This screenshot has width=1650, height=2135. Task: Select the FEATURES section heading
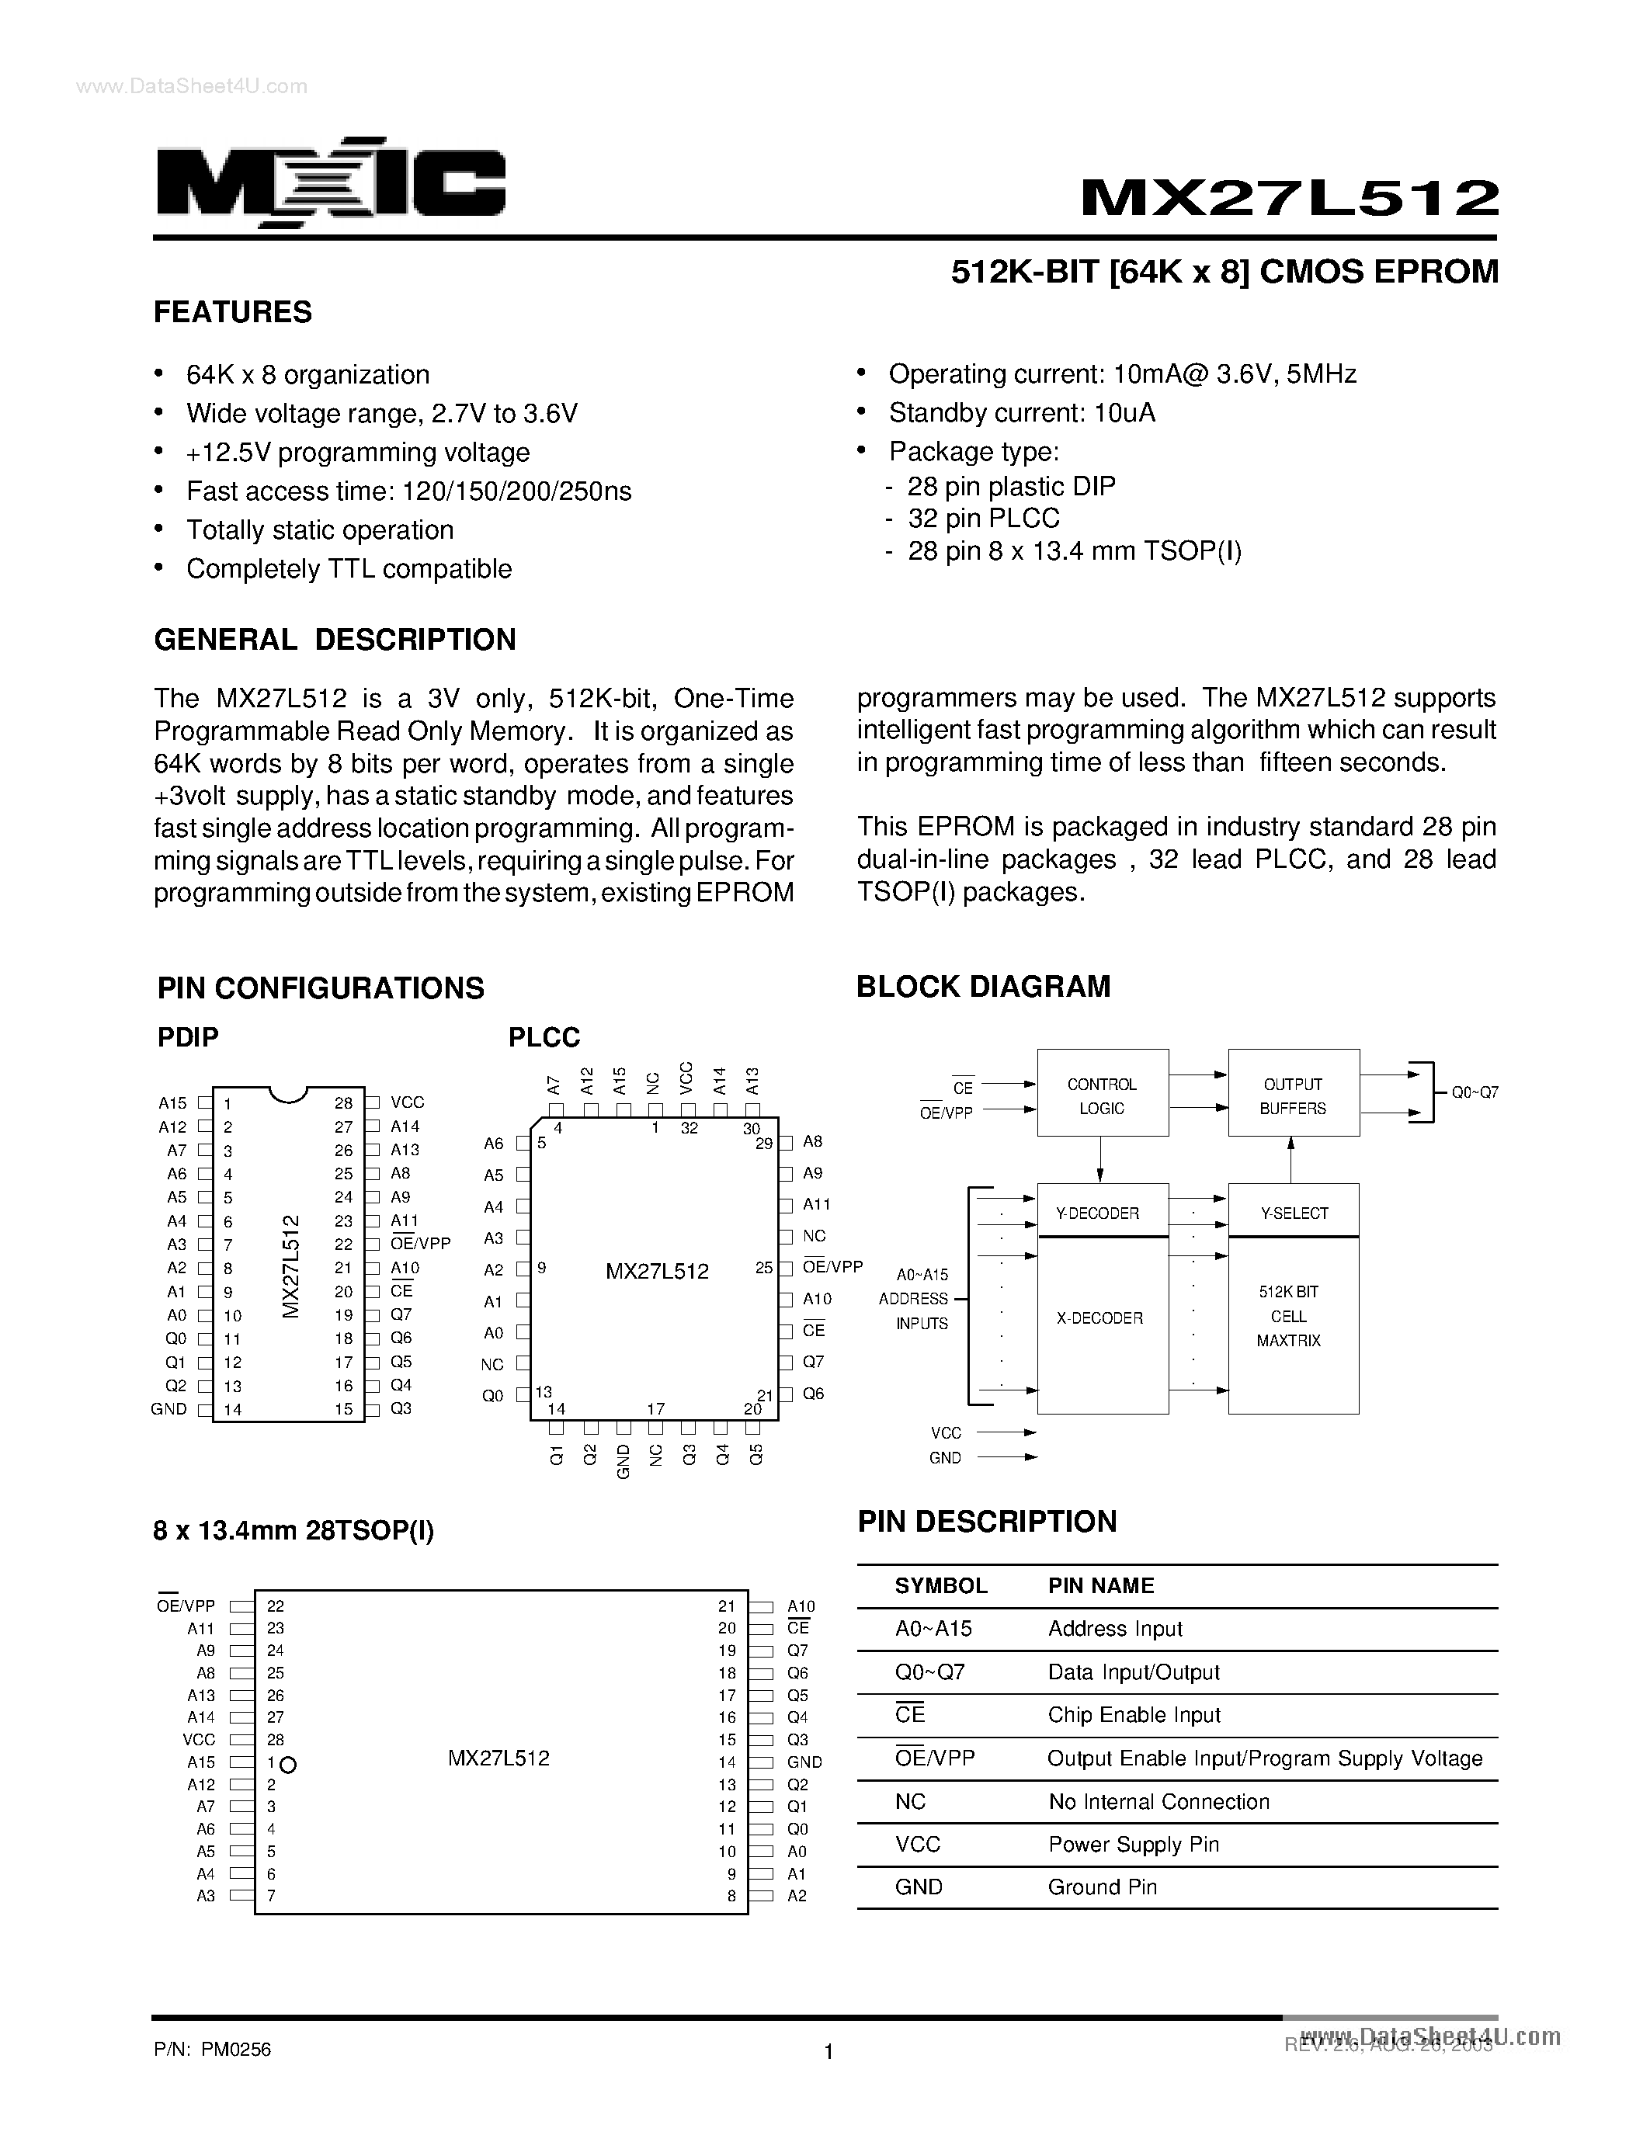(233, 312)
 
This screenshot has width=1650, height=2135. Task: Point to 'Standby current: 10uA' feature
(1022, 412)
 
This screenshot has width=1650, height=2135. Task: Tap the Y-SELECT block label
(1294, 1213)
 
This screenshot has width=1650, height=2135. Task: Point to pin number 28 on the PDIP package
(343, 1102)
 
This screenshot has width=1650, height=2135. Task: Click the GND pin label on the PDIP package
(169, 1408)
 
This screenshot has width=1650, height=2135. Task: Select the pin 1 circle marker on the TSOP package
(287, 1765)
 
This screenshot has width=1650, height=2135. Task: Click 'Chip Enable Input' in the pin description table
(1134, 1715)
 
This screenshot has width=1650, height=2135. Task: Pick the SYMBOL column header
(940, 1585)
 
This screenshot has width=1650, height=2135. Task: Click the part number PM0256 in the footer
(235, 2049)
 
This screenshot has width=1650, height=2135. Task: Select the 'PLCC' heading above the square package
(544, 1037)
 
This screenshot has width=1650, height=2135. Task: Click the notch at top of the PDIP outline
(288, 1094)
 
